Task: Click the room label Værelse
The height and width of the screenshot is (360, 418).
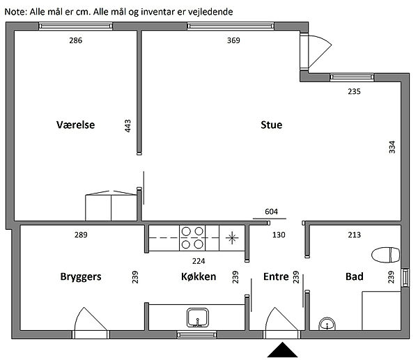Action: pyautogui.click(x=75, y=125)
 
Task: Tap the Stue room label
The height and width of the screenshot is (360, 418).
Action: pyautogui.click(x=272, y=125)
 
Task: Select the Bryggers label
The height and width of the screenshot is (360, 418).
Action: pyautogui.click(x=81, y=276)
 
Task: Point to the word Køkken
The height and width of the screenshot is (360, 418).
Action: pyautogui.click(x=199, y=276)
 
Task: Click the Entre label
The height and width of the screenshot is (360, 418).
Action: pyautogui.click(x=276, y=276)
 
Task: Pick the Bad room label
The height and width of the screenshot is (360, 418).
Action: pyautogui.click(x=355, y=276)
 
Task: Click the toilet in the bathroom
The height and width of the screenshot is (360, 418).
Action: pyautogui.click(x=386, y=255)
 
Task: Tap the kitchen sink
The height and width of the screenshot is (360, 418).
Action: pyautogui.click(x=198, y=318)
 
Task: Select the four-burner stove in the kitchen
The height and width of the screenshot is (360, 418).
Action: pyautogui.click(x=192, y=237)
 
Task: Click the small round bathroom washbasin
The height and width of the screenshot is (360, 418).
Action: pyautogui.click(x=327, y=324)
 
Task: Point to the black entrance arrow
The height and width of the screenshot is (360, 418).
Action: pyautogui.click(x=282, y=350)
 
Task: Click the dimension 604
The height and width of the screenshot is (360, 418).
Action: pyautogui.click(x=272, y=212)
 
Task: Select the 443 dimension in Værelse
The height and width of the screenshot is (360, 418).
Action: pyautogui.click(x=127, y=126)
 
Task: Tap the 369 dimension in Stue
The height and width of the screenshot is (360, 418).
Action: pyautogui.click(x=233, y=40)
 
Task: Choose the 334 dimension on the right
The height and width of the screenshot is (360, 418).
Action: pyautogui.click(x=392, y=147)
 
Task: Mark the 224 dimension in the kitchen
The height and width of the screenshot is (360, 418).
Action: pyautogui.click(x=199, y=261)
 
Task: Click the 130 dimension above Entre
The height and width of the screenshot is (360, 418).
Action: pyautogui.click(x=279, y=235)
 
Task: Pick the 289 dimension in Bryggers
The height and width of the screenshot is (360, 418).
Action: pyautogui.click(x=81, y=235)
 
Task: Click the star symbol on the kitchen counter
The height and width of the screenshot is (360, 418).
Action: pyautogui.click(x=232, y=237)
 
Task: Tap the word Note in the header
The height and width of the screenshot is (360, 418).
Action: pyautogui.click(x=15, y=12)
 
